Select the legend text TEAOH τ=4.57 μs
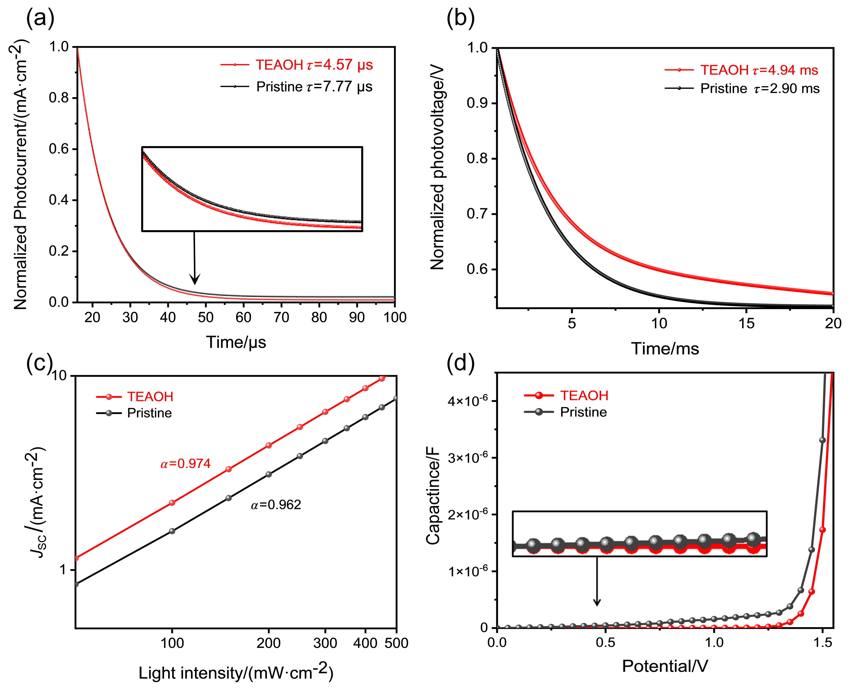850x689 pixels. coord(314,65)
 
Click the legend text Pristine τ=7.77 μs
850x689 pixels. coord(314,87)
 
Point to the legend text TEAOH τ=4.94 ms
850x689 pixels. coord(759,70)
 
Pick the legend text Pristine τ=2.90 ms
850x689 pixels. coord(760,88)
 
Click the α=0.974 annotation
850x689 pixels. coord(185,464)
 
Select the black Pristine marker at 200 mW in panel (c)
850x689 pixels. coord(269,474)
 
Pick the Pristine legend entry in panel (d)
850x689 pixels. coord(583,412)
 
